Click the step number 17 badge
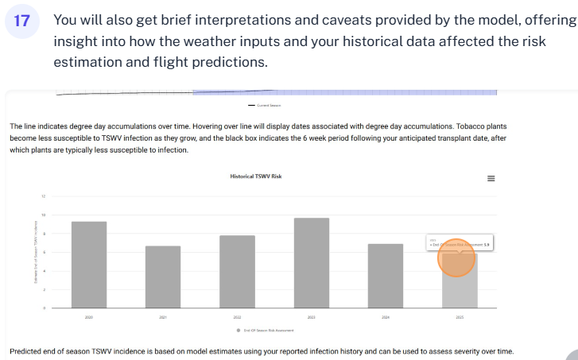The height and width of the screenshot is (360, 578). coord(21,22)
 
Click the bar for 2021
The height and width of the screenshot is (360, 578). coord(163,277)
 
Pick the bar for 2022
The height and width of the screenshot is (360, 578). coord(237,271)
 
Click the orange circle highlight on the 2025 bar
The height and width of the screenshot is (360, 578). coord(457,258)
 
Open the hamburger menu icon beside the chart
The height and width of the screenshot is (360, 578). coord(491,179)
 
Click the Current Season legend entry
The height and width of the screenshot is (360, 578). coord(266,105)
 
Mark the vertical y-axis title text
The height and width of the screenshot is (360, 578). coord(35,252)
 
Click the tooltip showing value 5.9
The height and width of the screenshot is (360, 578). coord(460,244)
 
